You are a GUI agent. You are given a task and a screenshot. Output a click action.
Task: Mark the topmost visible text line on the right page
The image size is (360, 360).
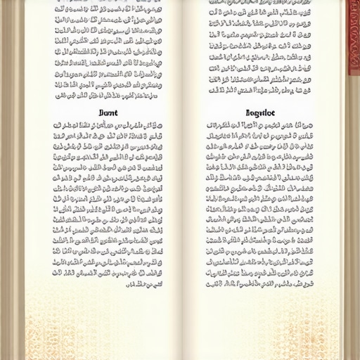click(x=259, y=4)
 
